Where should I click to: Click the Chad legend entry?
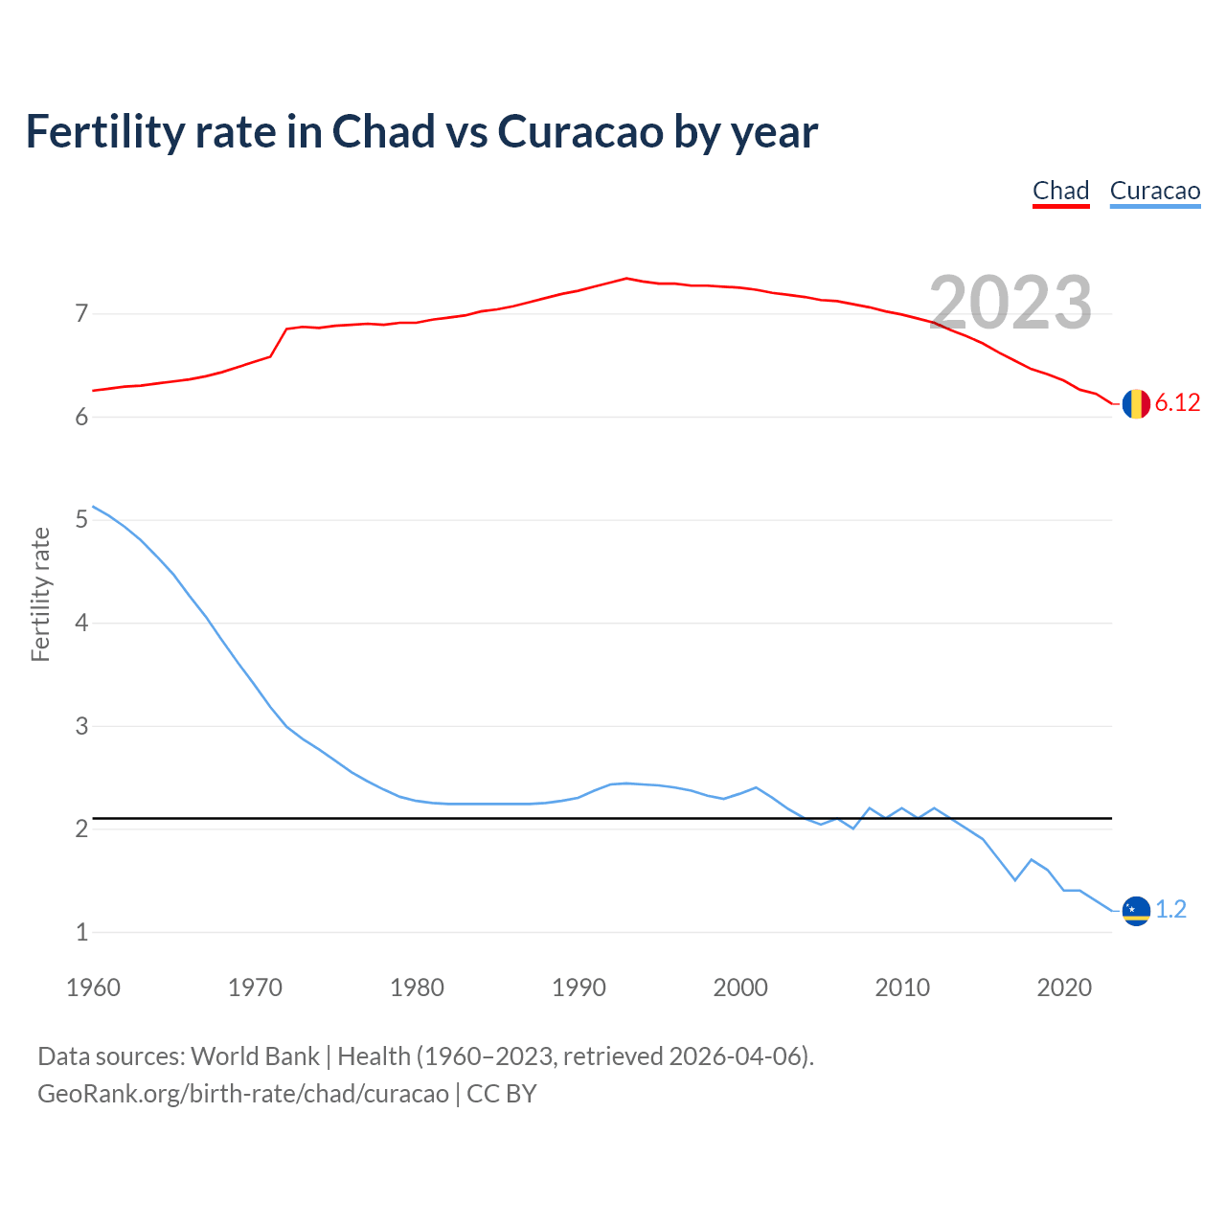pyautogui.click(x=1060, y=191)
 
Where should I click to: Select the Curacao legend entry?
pyautogui.click(x=1154, y=191)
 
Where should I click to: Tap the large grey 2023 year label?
pyautogui.click(x=1010, y=303)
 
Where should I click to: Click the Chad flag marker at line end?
pyautogui.click(x=1136, y=404)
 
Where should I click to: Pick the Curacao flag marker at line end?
pyautogui.click(x=1136, y=910)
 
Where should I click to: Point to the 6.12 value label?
pyautogui.click(x=1177, y=403)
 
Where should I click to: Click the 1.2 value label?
pyautogui.click(x=1170, y=909)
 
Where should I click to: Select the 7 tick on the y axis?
pyautogui.click(x=81, y=313)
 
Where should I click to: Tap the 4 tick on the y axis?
pyautogui.click(x=81, y=623)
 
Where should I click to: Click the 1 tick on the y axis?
pyautogui.click(x=81, y=932)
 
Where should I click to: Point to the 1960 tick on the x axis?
pyautogui.click(x=93, y=988)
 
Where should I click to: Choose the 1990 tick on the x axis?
pyautogui.click(x=579, y=988)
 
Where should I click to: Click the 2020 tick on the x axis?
pyautogui.click(x=1064, y=988)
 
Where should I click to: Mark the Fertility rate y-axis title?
pyautogui.click(x=40, y=594)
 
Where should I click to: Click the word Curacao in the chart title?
pyautogui.click(x=579, y=131)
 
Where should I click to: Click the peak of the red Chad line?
pyautogui.click(x=626, y=279)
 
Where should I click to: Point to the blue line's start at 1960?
pyautogui.click(x=93, y=507)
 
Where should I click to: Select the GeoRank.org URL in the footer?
pyautogui.click(x=242, y=1094)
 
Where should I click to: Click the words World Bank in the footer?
pyautogui.click(x=255, y=1056)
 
